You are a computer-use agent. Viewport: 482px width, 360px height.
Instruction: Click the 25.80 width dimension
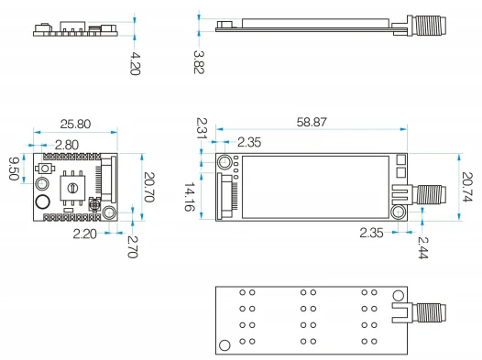coord(75,124)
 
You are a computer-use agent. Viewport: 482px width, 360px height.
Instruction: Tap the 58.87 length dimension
coord(312,122)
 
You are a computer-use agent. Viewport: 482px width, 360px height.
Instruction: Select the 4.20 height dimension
coord(135,63)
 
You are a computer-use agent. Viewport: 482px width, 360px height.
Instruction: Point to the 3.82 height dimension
coord(199,62)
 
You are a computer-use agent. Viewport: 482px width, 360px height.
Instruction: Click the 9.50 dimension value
coord(14,169)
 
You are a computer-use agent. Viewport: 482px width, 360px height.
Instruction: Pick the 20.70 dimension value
coord(149,187)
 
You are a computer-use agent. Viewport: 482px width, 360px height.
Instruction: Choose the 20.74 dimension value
coord(467,187)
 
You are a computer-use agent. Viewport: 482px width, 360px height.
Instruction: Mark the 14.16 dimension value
coord(190,197)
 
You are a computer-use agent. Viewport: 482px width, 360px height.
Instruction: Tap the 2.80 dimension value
coord(67,145)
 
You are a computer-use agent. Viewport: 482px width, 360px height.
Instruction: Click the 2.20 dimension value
coord(85,235)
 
